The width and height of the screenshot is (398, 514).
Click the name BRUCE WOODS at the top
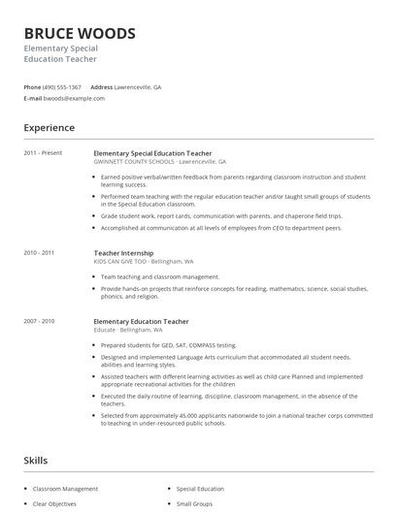(80, 34)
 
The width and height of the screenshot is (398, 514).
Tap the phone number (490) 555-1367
(63, 86)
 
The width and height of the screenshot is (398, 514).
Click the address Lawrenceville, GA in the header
(138, 86)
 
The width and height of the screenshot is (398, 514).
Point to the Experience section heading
(49, 128)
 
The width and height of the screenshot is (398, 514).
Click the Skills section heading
(35, 461)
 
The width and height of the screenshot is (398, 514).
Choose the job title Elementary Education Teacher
(141, 321)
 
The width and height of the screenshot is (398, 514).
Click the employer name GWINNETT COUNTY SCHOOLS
(134, 162)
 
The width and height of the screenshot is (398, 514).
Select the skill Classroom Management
(65, 489)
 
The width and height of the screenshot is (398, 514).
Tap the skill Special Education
(200, 489)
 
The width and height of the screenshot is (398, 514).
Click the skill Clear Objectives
(55, 504)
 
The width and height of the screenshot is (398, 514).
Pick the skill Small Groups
(195, 504)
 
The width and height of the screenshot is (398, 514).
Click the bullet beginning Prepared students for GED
(168, 344)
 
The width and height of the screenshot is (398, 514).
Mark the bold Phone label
(32, 86)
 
